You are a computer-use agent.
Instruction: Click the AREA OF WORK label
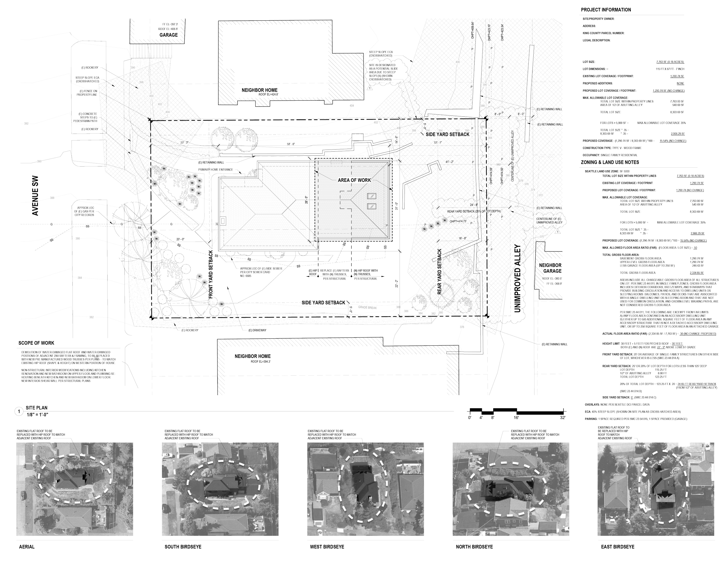[x=354, y=180]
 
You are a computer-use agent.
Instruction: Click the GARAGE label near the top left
[x=168, y=35]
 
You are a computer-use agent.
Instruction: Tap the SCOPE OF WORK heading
[x=36, y=343]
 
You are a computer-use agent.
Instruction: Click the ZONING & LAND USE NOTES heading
[x=610, y=162]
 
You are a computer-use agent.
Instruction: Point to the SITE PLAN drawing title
[x=37, y=408]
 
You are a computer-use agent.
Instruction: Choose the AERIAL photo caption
[x=27, y=547]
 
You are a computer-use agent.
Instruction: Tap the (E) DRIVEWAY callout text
[x=255, y=330]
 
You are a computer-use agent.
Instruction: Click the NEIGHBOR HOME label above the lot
[x=259, y=90]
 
